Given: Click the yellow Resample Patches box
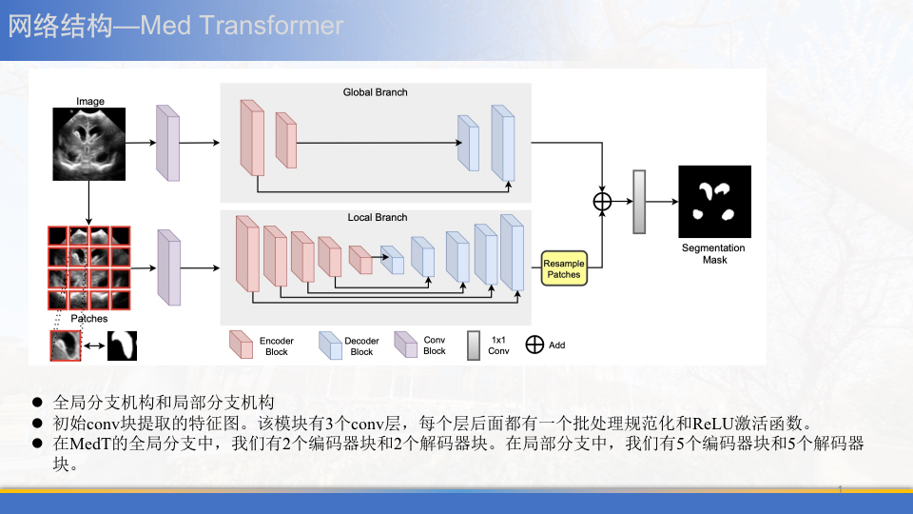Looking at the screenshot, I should pyautogui.click(x=564, y=267).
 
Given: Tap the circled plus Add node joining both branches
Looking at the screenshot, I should pyautogui.click(x=602, y=201).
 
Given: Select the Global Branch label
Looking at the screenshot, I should pyautogui.click(x=375, y=92).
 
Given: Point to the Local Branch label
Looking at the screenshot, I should pyautogui.click(x=377, y=217).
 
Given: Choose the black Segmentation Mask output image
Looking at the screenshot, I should pyautogui.click(x=714, y=202).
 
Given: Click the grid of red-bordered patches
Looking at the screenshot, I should pyautogui.click(x=88, y=267).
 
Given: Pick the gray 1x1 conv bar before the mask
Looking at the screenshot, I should pyautogui.click(x=639, y=202).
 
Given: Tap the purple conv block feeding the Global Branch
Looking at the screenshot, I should pyautogui.click(x=167, y=142).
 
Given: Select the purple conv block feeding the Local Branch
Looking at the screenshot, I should pyautogui.click(x=167, y=267).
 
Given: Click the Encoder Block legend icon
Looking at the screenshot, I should pyautogui.click(x=241, y=345).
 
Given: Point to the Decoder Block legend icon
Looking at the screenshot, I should pyautogui.click(x=330, y=345).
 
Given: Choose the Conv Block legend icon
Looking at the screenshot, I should pyautogui.click(x=406, y=345).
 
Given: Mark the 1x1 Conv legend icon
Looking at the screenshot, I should pyautogui.click(x=473, y=345).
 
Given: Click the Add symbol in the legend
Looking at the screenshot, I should pyautogui.click(x=534, y=345).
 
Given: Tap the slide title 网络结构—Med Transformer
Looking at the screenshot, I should pyautogui.click(x=176, y=26).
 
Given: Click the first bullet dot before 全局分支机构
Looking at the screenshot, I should pyautogui.click(x=38, y=402).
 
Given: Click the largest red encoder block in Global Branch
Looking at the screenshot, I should pyautogui.click(x=252, y=138).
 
